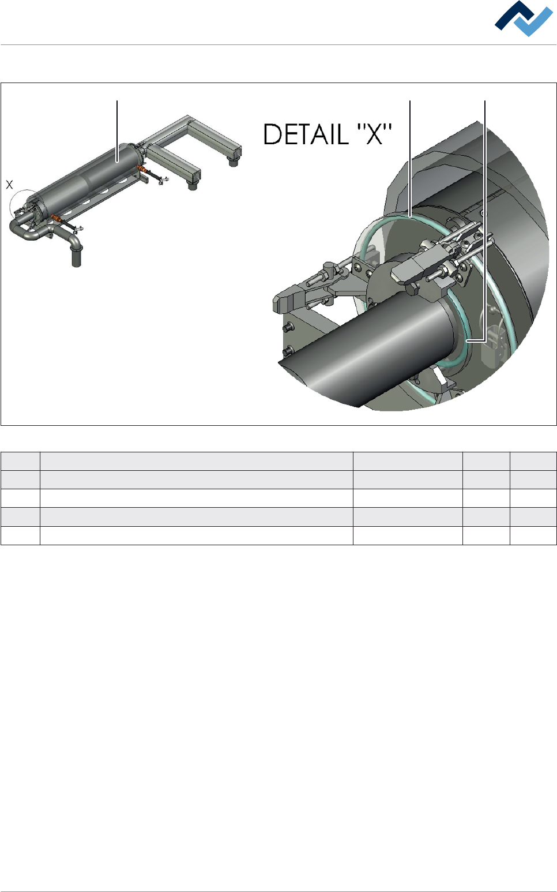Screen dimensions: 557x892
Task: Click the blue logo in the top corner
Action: point(524,18)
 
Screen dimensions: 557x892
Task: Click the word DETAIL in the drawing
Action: point(306,134)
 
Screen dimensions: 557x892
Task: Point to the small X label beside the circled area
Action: point(10,185)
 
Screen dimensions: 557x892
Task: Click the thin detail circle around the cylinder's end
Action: point(10,207)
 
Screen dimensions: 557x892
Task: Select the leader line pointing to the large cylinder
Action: point(117,131)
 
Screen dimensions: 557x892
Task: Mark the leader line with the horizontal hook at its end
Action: point(484,221)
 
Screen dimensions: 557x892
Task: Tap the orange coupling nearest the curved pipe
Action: point(56,218)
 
